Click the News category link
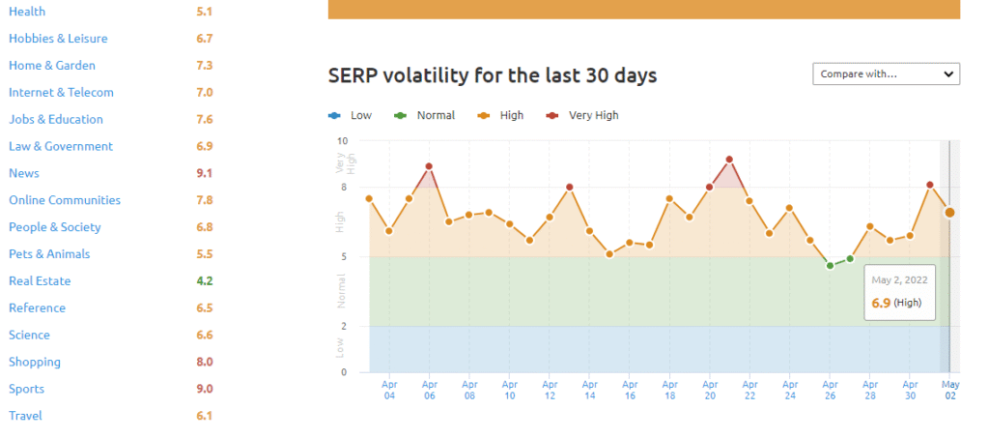23,173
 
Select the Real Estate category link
40,281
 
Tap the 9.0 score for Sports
204,389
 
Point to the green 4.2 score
204,281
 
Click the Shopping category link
35,362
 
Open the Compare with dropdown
886,73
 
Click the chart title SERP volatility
493,74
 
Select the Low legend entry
360,115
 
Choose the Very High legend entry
593,115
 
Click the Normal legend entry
435,115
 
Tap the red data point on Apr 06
429,166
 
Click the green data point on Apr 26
830,265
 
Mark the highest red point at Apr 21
729,160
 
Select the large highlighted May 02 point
949,212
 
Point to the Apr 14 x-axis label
589,390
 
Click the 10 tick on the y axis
342,141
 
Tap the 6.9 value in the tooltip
880,303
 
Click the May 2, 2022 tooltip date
899,279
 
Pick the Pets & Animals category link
49,254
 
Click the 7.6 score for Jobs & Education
204,120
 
